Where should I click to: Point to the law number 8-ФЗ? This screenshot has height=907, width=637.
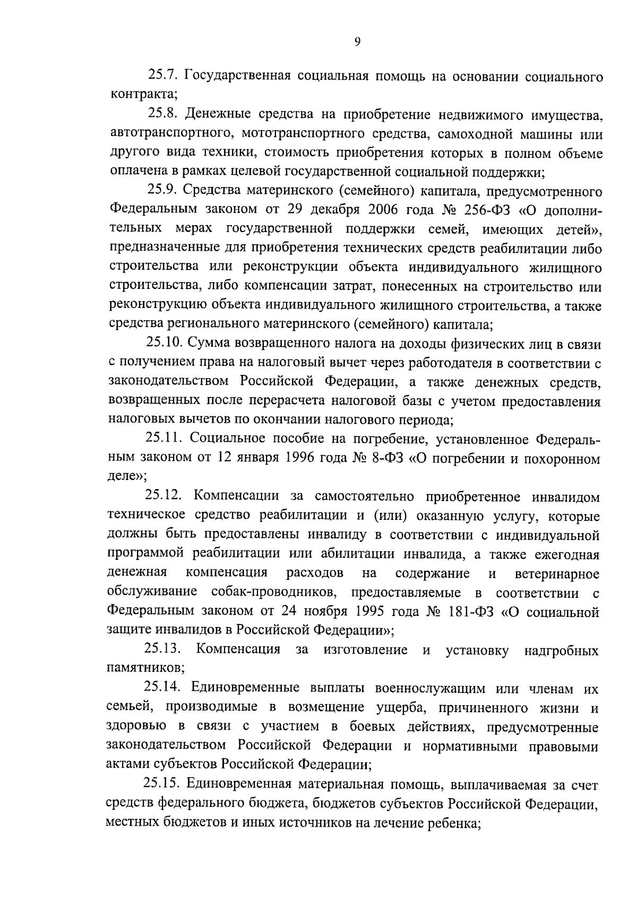coord(388,459)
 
